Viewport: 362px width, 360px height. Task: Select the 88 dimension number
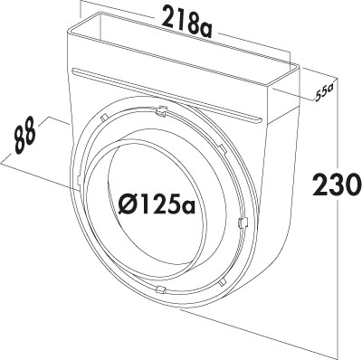(x=25, y=137)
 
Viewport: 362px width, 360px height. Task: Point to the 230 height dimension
(x=337, y=184)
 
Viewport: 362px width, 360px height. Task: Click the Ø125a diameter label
(x=157, y=204)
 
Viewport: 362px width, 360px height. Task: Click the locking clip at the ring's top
(x=162, y=111)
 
